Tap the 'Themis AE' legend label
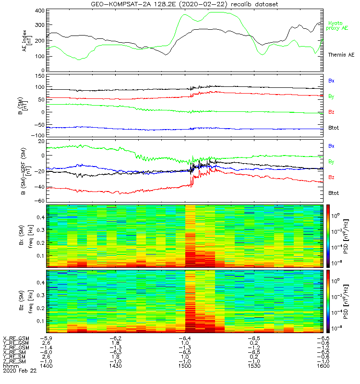pos(341,55)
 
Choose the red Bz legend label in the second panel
pos(331,112)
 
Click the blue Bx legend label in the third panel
pos(331,145)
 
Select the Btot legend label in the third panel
pos(334,192)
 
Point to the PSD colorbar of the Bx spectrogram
pos(328,236)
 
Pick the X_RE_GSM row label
pos(16,339)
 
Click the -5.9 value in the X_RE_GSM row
pos(47,339)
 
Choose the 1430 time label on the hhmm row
pos(116,366)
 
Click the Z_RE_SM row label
pos(15,361)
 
